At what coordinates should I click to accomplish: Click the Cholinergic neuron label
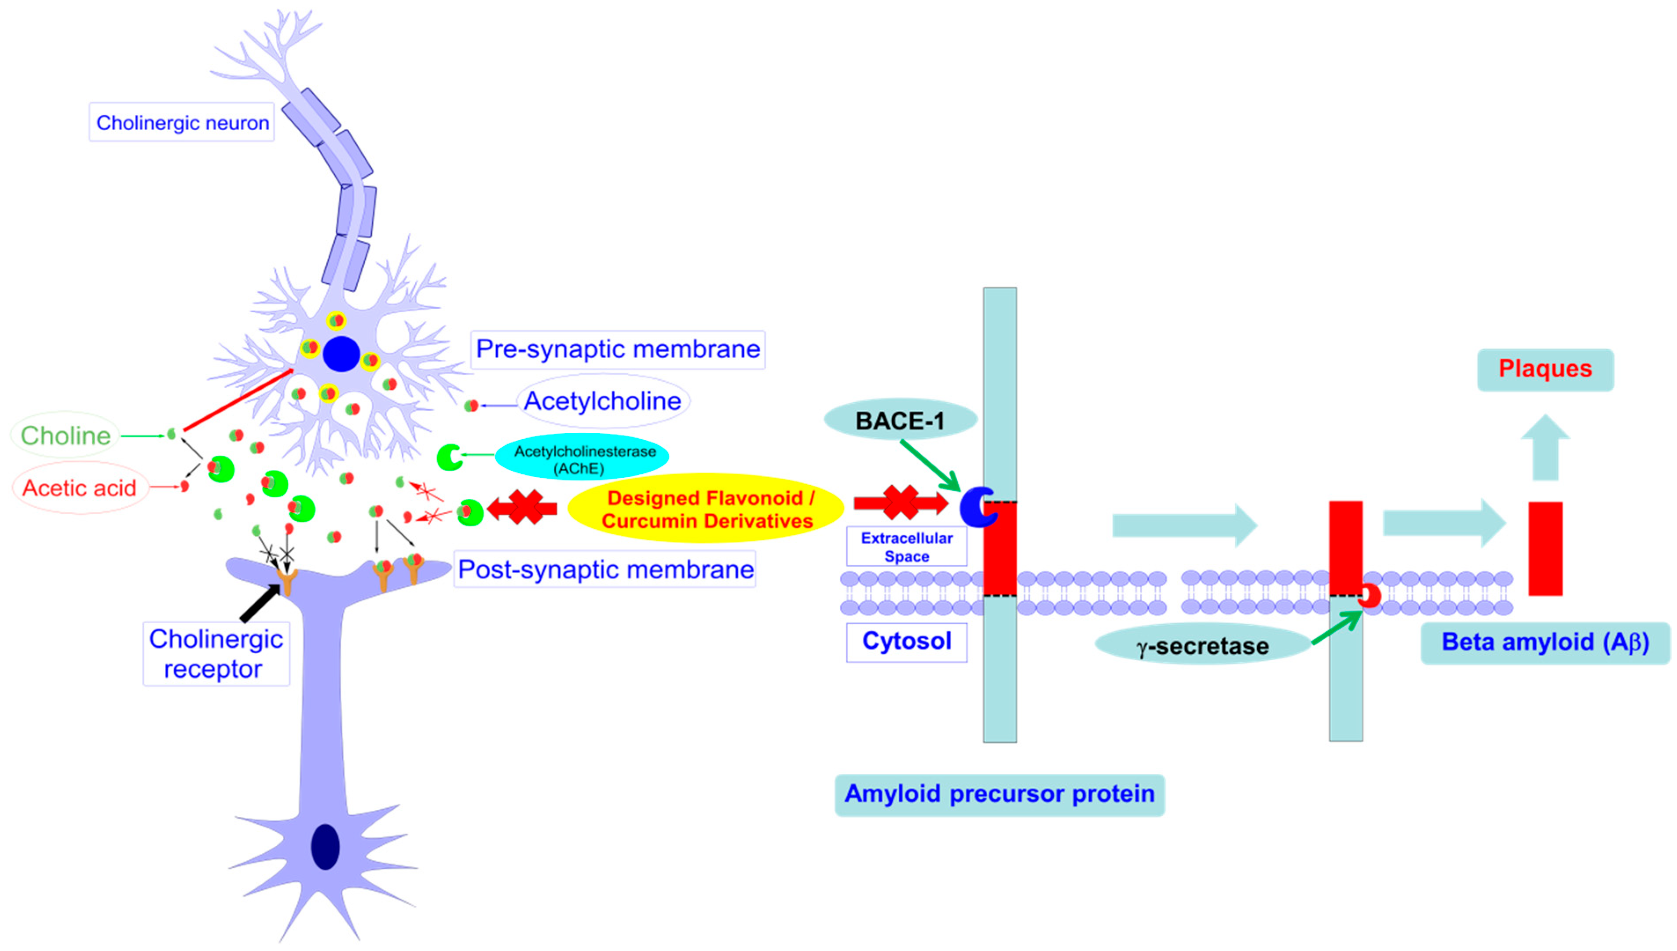[x=182, y=122]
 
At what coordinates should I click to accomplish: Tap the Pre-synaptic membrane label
[x=617, y=349]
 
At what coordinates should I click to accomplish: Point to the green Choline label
[x=65, y=435]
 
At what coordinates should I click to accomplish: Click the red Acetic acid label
[x=79, y=488]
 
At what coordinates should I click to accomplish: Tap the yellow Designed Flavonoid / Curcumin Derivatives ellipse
[x=707, y=509]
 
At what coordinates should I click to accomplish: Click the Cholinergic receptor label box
[x=216, y=653]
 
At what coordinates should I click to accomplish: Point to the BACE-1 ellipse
[x=900, y=420]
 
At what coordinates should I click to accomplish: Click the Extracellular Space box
[x=906, y=547]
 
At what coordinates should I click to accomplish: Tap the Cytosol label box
[x=906, y=641]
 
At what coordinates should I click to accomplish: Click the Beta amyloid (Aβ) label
[x=1545, y=643]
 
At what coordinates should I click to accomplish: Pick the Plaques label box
[x=1545, y=369]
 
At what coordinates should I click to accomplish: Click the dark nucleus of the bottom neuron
[x=325, y=846]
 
